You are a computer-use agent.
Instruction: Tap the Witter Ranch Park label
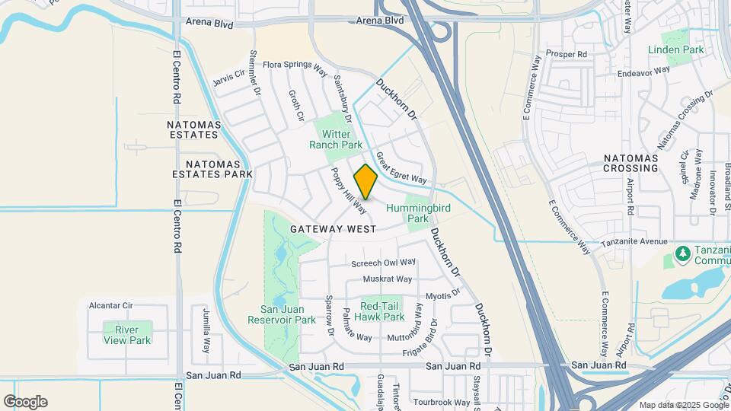(x=336, y=139)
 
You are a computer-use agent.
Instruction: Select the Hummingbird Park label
(x=417, y=213)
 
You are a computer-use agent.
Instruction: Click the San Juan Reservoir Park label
(x=282, y=314)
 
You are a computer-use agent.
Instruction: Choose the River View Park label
(x=127, y=334)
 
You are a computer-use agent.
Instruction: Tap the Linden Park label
(x=675, y=49)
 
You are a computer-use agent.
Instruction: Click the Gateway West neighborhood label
(x=333, y=228)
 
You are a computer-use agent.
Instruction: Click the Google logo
(x=24, y=401)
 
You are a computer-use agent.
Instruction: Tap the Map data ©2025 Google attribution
(x=683, y=405)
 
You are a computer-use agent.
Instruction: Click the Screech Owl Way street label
(x=383, y=263)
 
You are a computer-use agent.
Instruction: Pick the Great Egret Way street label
(x=401, y=168)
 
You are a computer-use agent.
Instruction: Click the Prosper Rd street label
(x=567, y=55)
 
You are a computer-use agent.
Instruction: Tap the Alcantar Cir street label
(x=110, y=305)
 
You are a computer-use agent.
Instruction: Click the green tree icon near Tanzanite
(x=682, y=252)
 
